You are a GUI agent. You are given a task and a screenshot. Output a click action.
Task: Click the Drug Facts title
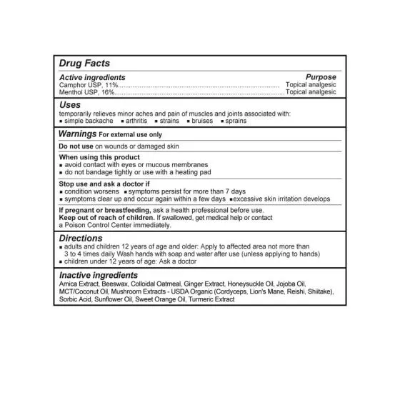[x=84, y=64]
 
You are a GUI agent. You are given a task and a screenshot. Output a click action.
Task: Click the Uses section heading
[x=70, y=104]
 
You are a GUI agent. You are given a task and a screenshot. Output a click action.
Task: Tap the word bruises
[x=203, y=120]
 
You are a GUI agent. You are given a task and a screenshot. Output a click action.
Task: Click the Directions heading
[x=81, y=238]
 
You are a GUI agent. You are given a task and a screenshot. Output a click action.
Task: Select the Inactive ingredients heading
[x=99, y=275]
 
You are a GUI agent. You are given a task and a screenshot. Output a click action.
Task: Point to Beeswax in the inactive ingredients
[x=114, y=284]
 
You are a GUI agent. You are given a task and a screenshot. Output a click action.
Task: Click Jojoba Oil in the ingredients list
[x=312, y=284]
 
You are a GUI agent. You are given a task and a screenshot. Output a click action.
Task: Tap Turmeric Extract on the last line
[x=211, y=299]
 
